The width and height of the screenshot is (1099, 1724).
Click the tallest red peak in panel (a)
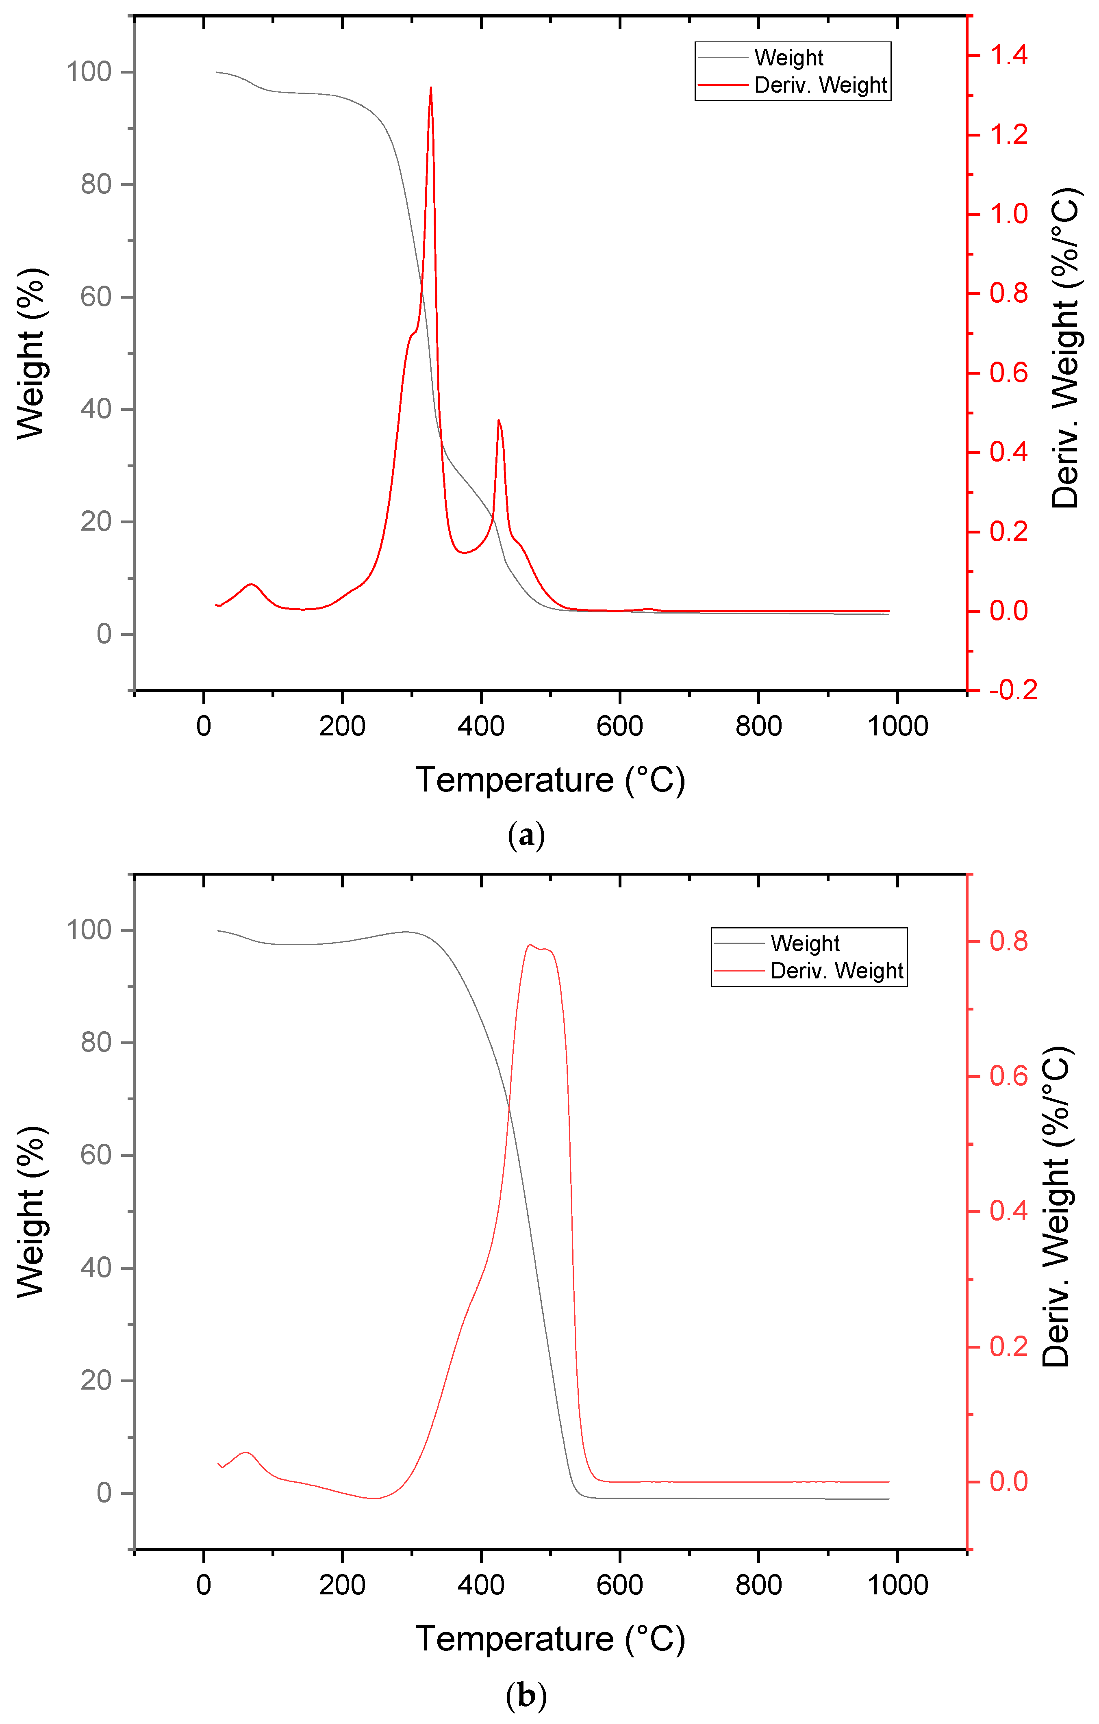[x=430, y=89]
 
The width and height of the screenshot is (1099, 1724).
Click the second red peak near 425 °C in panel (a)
[x=499, y=422]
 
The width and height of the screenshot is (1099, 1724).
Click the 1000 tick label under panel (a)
[x=897, y=726]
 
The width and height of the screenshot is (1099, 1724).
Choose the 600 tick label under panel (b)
[x=619, y=1584]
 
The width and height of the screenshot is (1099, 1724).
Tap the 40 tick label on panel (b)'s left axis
[x=96, y=1267]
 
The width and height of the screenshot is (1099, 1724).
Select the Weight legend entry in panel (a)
[x=788, y=57]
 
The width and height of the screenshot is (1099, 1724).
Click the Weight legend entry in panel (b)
[x=805, y=943]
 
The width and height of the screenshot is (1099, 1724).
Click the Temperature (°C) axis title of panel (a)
[x=550, y=780]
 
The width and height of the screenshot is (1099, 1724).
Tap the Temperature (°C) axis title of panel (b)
[x=550, y=1638]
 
